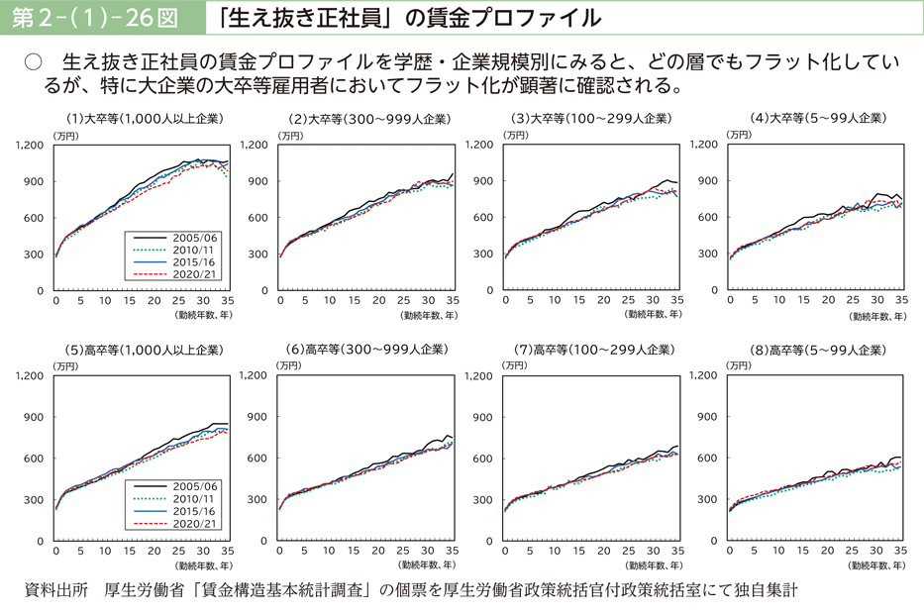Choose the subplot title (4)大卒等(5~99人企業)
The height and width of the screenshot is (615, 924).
pos(816,118)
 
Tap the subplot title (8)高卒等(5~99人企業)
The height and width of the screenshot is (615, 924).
pos(816,350)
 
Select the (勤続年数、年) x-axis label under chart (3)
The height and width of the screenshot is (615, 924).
pos(653,314)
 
